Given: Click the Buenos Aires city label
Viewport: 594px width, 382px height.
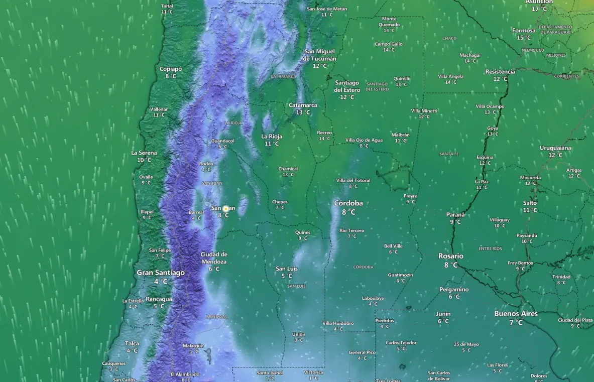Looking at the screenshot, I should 516,314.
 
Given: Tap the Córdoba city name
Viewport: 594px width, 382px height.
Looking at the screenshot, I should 348,203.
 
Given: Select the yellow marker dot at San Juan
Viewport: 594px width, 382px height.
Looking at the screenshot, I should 225,208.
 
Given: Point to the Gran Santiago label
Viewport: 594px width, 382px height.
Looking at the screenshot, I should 161,273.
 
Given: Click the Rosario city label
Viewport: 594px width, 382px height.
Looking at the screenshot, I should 450,256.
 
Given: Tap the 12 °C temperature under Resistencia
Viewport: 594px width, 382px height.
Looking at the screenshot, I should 500,79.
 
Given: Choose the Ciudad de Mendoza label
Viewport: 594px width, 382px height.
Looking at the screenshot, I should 214,258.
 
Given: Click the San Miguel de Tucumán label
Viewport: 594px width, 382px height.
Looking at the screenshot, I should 319,55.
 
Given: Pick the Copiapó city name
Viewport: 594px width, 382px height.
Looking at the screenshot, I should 170,69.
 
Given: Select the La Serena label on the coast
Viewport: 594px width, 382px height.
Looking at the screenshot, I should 144,153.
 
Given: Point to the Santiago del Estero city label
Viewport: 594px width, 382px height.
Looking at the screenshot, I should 346,86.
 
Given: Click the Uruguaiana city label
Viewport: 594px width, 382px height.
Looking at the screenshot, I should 555,148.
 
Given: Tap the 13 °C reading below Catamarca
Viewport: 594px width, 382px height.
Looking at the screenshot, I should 303,112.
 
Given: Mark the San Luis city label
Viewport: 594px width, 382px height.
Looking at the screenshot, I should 287,269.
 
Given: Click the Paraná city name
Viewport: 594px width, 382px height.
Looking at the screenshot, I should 455,215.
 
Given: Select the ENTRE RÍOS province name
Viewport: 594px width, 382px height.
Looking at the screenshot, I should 490,249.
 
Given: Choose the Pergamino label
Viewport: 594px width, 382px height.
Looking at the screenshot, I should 454,290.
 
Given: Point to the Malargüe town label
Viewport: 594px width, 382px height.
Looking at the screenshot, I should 193,345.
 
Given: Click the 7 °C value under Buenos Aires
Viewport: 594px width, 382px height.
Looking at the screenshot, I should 516,323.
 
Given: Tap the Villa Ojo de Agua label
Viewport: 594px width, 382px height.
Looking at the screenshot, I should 364,140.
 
